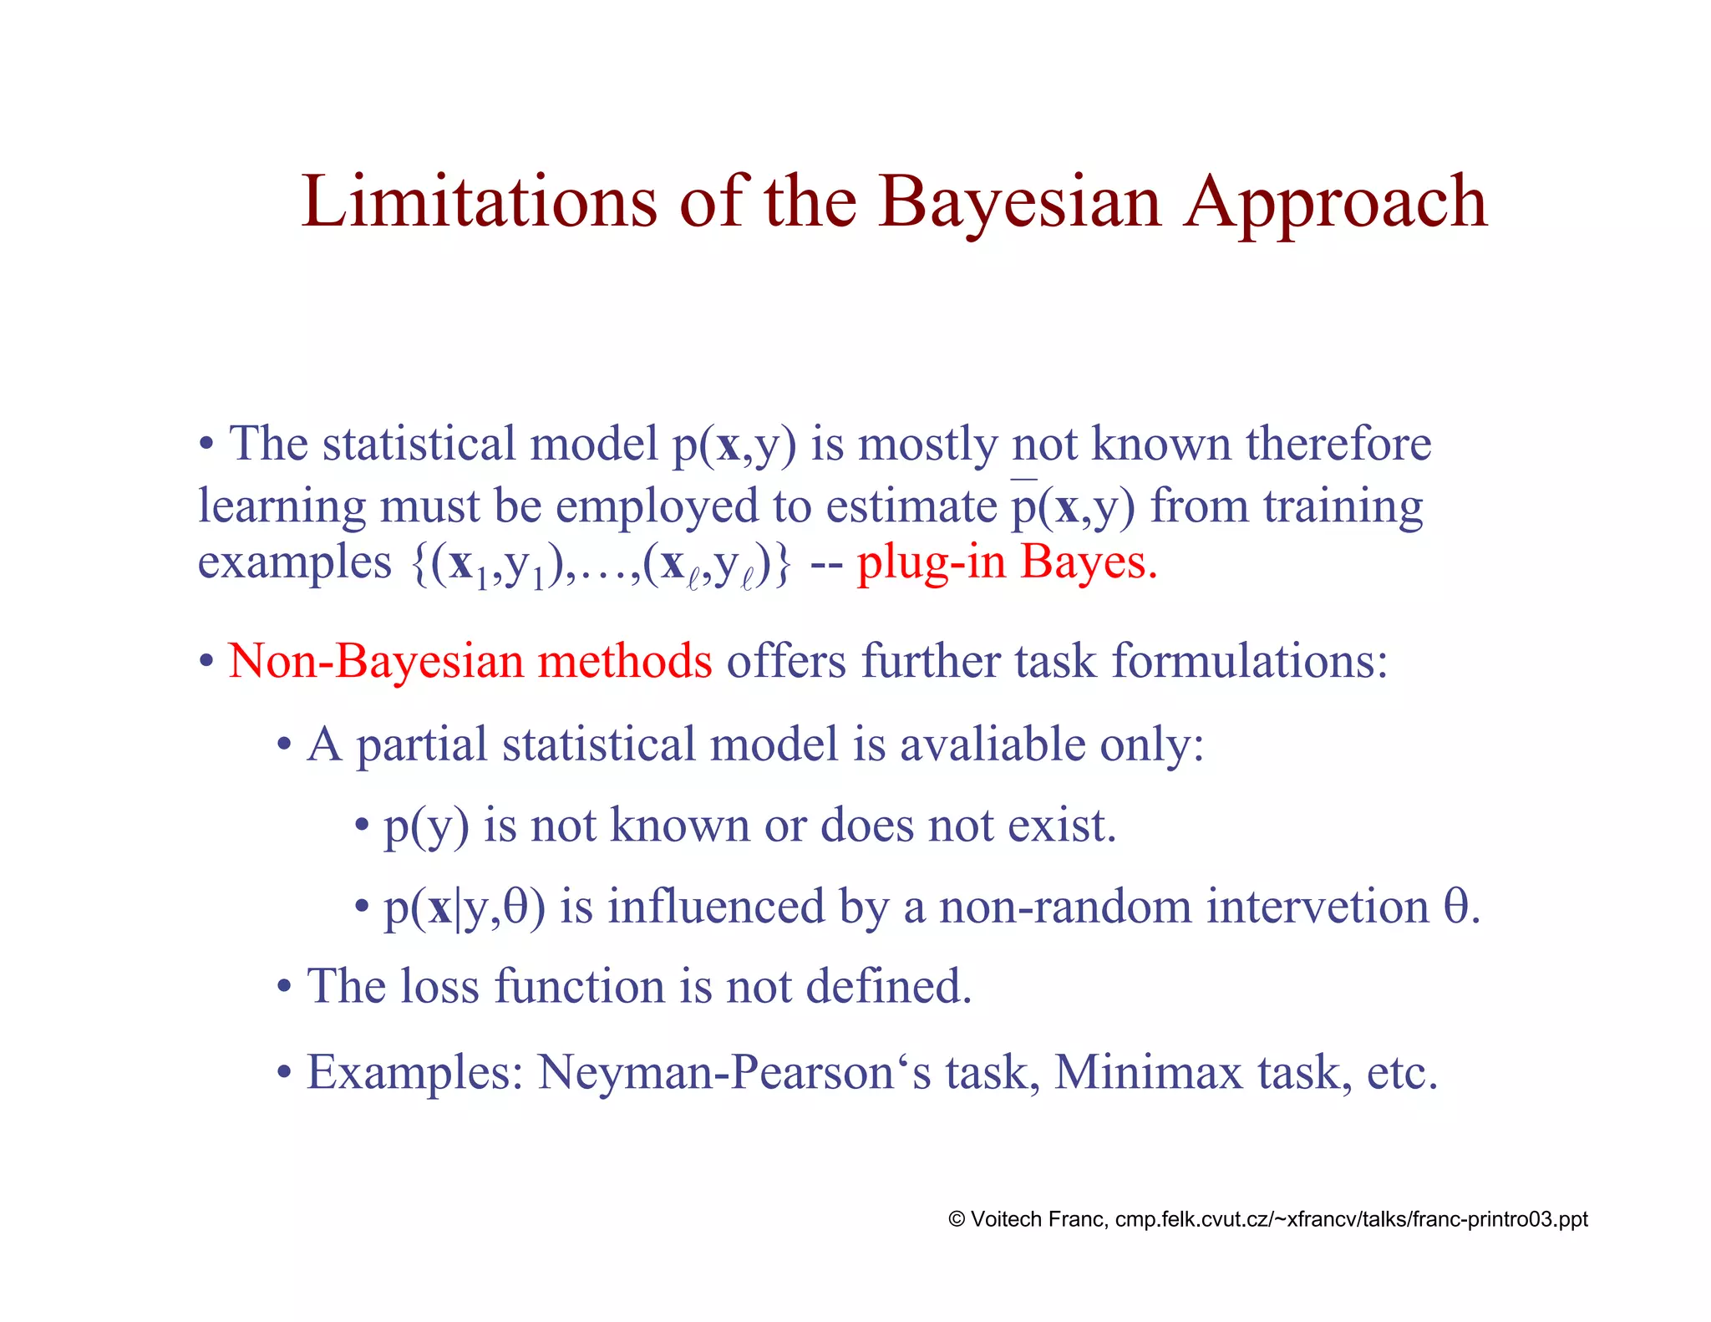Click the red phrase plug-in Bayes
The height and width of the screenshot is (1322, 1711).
[1007, 562]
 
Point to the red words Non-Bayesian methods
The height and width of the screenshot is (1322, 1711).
[470, 660]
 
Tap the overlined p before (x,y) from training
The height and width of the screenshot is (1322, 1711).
[1023, 506]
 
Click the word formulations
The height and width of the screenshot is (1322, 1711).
[1249, 660]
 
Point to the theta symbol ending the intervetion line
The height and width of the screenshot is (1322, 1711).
[1456, 907]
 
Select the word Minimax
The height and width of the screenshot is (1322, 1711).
[1149, 1072]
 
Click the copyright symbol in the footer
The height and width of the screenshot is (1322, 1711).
[957, 1219]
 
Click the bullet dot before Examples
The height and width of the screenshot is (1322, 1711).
[285, 1072]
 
